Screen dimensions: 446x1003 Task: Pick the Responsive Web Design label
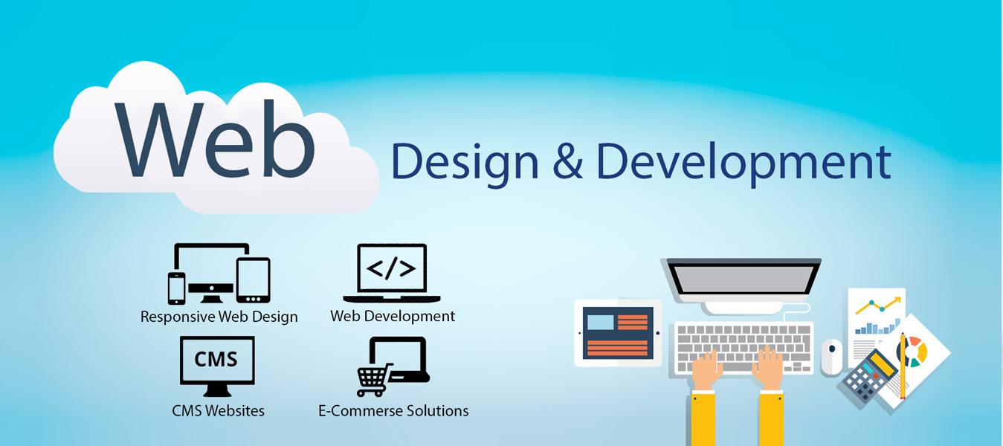pos(219,317)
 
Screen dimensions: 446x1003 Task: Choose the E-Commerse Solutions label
pos(393,410)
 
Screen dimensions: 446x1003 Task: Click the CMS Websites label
pos(218,410)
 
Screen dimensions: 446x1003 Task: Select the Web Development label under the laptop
pos(393,316)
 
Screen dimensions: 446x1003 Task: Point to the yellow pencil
pos(903,365)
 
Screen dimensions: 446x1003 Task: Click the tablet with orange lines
pos(617,333)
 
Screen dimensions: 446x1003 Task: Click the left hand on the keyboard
pos(706,369)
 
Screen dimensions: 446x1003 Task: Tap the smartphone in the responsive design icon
pos(176,288)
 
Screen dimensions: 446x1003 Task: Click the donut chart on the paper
pos(914,350)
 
